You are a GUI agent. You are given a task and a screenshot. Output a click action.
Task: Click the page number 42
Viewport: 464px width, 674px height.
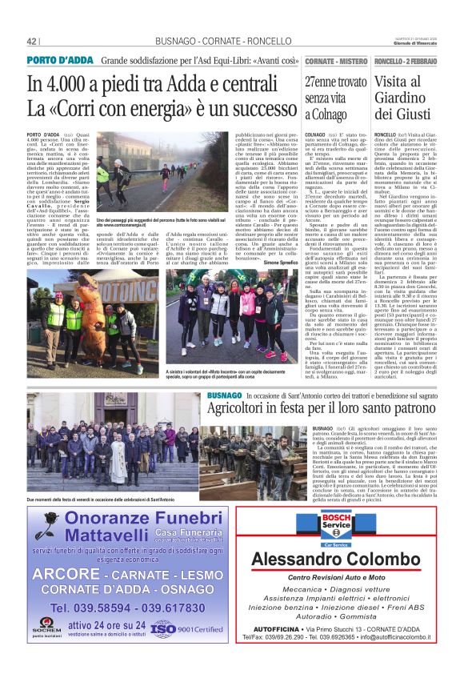pyautogui.click(x=33, y=41)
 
